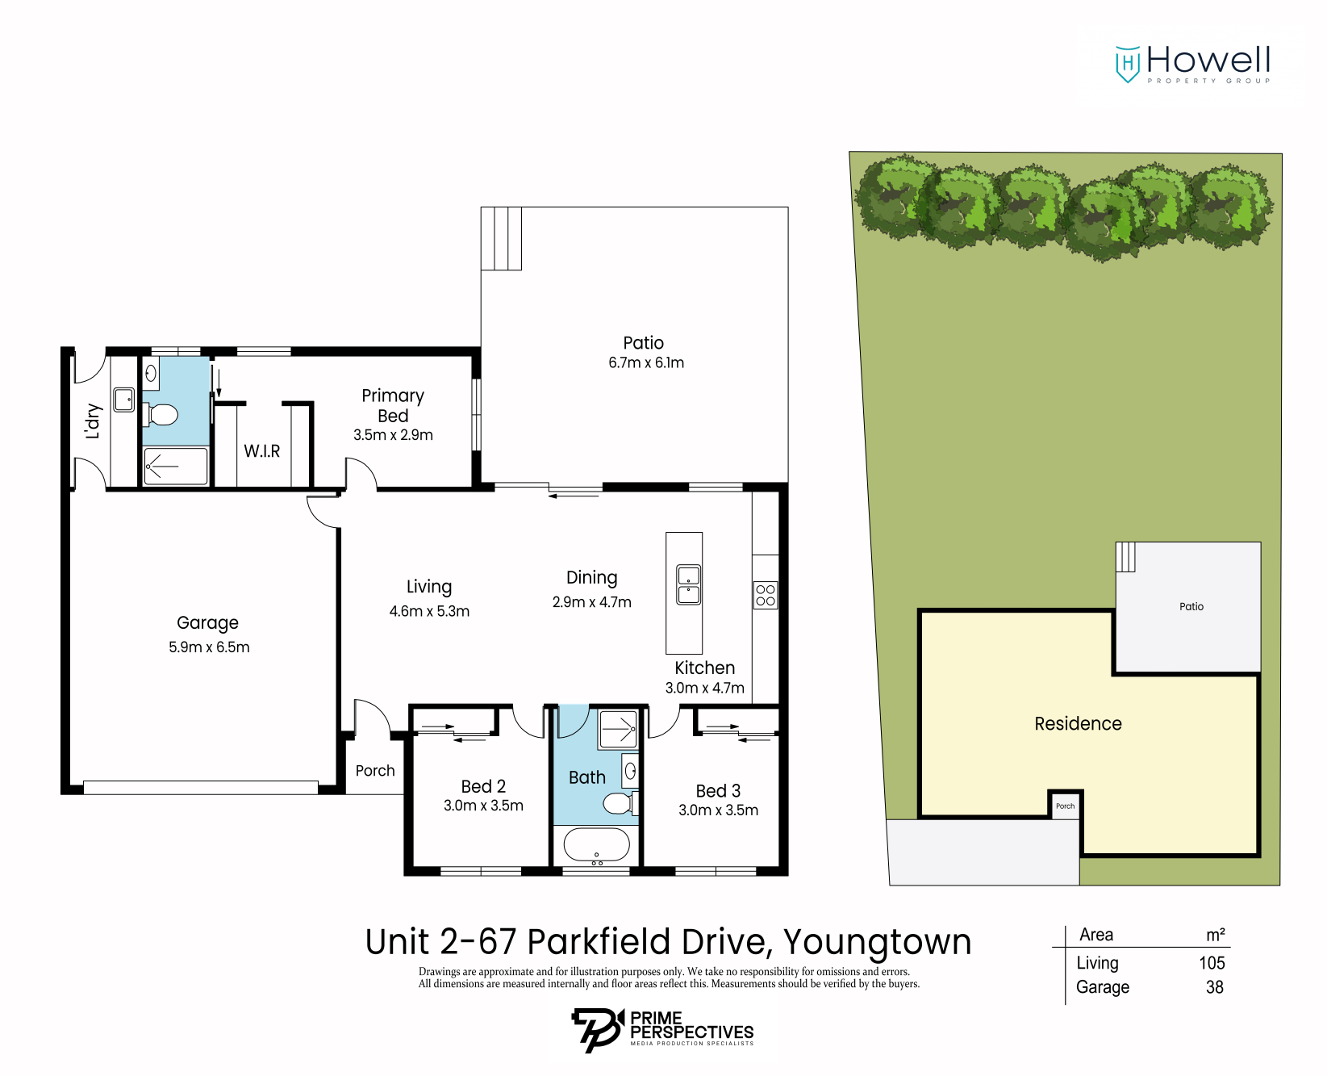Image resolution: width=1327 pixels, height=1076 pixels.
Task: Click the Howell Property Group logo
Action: [x=1192, y=64]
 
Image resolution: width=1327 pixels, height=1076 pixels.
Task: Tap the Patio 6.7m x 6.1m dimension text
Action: [x=645, y=363]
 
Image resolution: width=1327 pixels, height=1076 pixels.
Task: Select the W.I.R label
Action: [x=261, y=451]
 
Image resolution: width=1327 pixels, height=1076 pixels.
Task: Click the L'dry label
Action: [x=93, y=421]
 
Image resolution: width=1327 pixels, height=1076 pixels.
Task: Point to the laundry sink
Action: [x=123, y=400]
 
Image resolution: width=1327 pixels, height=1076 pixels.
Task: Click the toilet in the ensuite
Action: [x=161, y=415]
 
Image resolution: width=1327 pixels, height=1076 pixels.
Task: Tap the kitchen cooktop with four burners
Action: [x=765, y=595]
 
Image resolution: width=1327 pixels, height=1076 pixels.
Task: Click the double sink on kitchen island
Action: [x=688, y=584]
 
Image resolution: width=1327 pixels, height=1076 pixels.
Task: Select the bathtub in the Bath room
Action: [x=596, y=846]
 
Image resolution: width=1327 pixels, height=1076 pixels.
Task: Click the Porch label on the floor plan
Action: [x=375, y=771]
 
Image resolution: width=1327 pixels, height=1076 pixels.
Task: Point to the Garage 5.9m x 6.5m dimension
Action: [x=209, y=647]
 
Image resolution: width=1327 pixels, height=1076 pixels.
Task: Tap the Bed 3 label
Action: [x=718, y=791]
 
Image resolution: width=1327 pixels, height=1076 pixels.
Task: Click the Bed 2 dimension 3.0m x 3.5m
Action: [x=483, y=806]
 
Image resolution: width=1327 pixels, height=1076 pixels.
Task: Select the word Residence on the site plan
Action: [x=1078, y=724]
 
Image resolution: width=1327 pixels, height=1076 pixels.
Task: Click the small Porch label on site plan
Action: [x=1065, y=806]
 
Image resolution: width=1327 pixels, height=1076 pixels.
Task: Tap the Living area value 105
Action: [x=1212, y=963]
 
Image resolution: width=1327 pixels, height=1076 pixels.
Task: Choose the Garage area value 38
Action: [x=1214, y=987]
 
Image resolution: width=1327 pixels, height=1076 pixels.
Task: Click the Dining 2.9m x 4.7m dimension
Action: [x=591, y=602]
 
